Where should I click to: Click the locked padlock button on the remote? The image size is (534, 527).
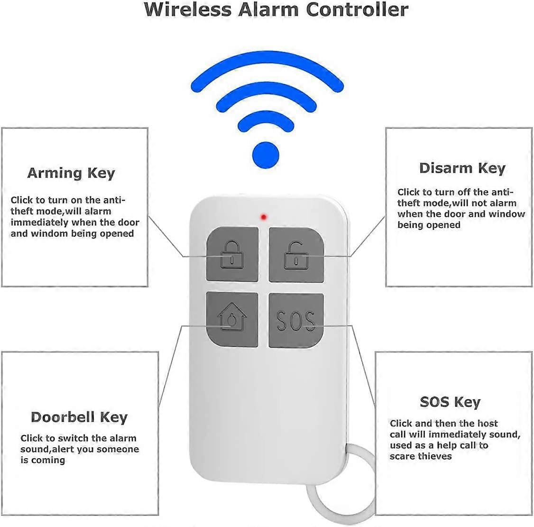pos(232,254)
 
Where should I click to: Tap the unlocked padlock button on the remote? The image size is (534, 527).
pos(296,254)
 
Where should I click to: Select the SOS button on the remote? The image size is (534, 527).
pos(296,320)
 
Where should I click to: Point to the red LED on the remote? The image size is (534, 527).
pos(264,217)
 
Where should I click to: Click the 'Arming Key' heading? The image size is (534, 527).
pos(71,173)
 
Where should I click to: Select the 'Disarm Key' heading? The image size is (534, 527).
pos(462,168)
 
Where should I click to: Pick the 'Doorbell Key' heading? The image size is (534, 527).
pos(79,417)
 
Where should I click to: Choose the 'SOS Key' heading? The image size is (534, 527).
pos(450,402)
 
